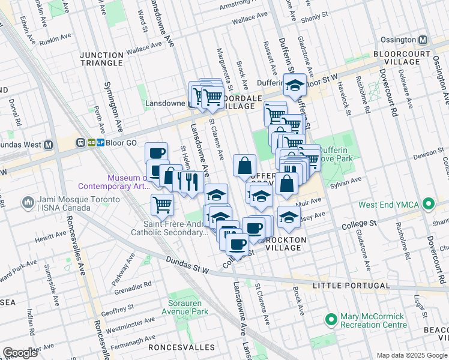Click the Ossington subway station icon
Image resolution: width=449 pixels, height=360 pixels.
(x=423, y=40)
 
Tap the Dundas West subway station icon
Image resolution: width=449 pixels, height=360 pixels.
(x=49, y=144)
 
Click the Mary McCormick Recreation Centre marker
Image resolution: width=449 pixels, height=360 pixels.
(x=330, y=319)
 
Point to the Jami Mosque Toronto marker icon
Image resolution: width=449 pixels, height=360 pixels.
(x=28, y=203)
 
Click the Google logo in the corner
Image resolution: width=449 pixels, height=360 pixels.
(x=20, y=352)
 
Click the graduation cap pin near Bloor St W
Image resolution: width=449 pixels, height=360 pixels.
(x=295, y=85)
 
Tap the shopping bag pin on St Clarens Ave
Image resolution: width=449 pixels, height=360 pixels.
(x=244, y=166)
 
